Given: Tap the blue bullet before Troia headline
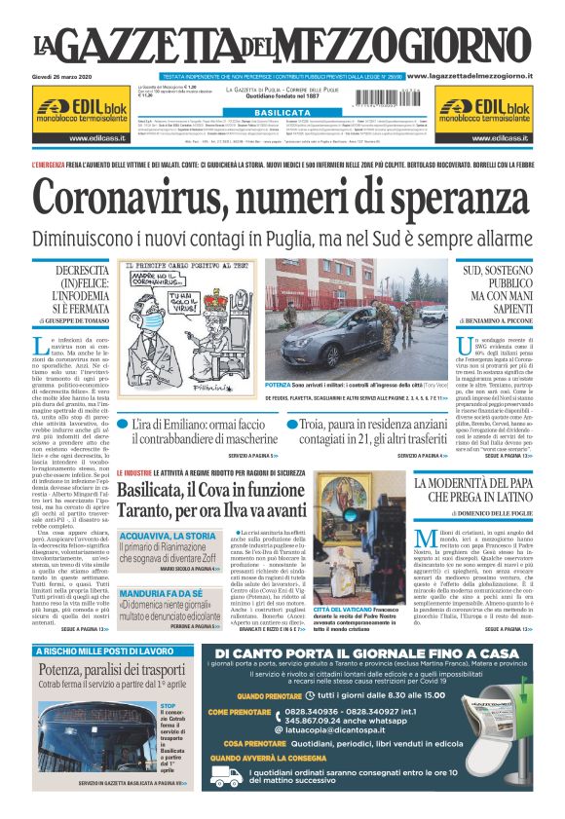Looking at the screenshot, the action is pyautogui.click(x=292, y=425).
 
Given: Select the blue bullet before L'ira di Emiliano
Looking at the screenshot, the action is pyautogui.click(x=124, y=425).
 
